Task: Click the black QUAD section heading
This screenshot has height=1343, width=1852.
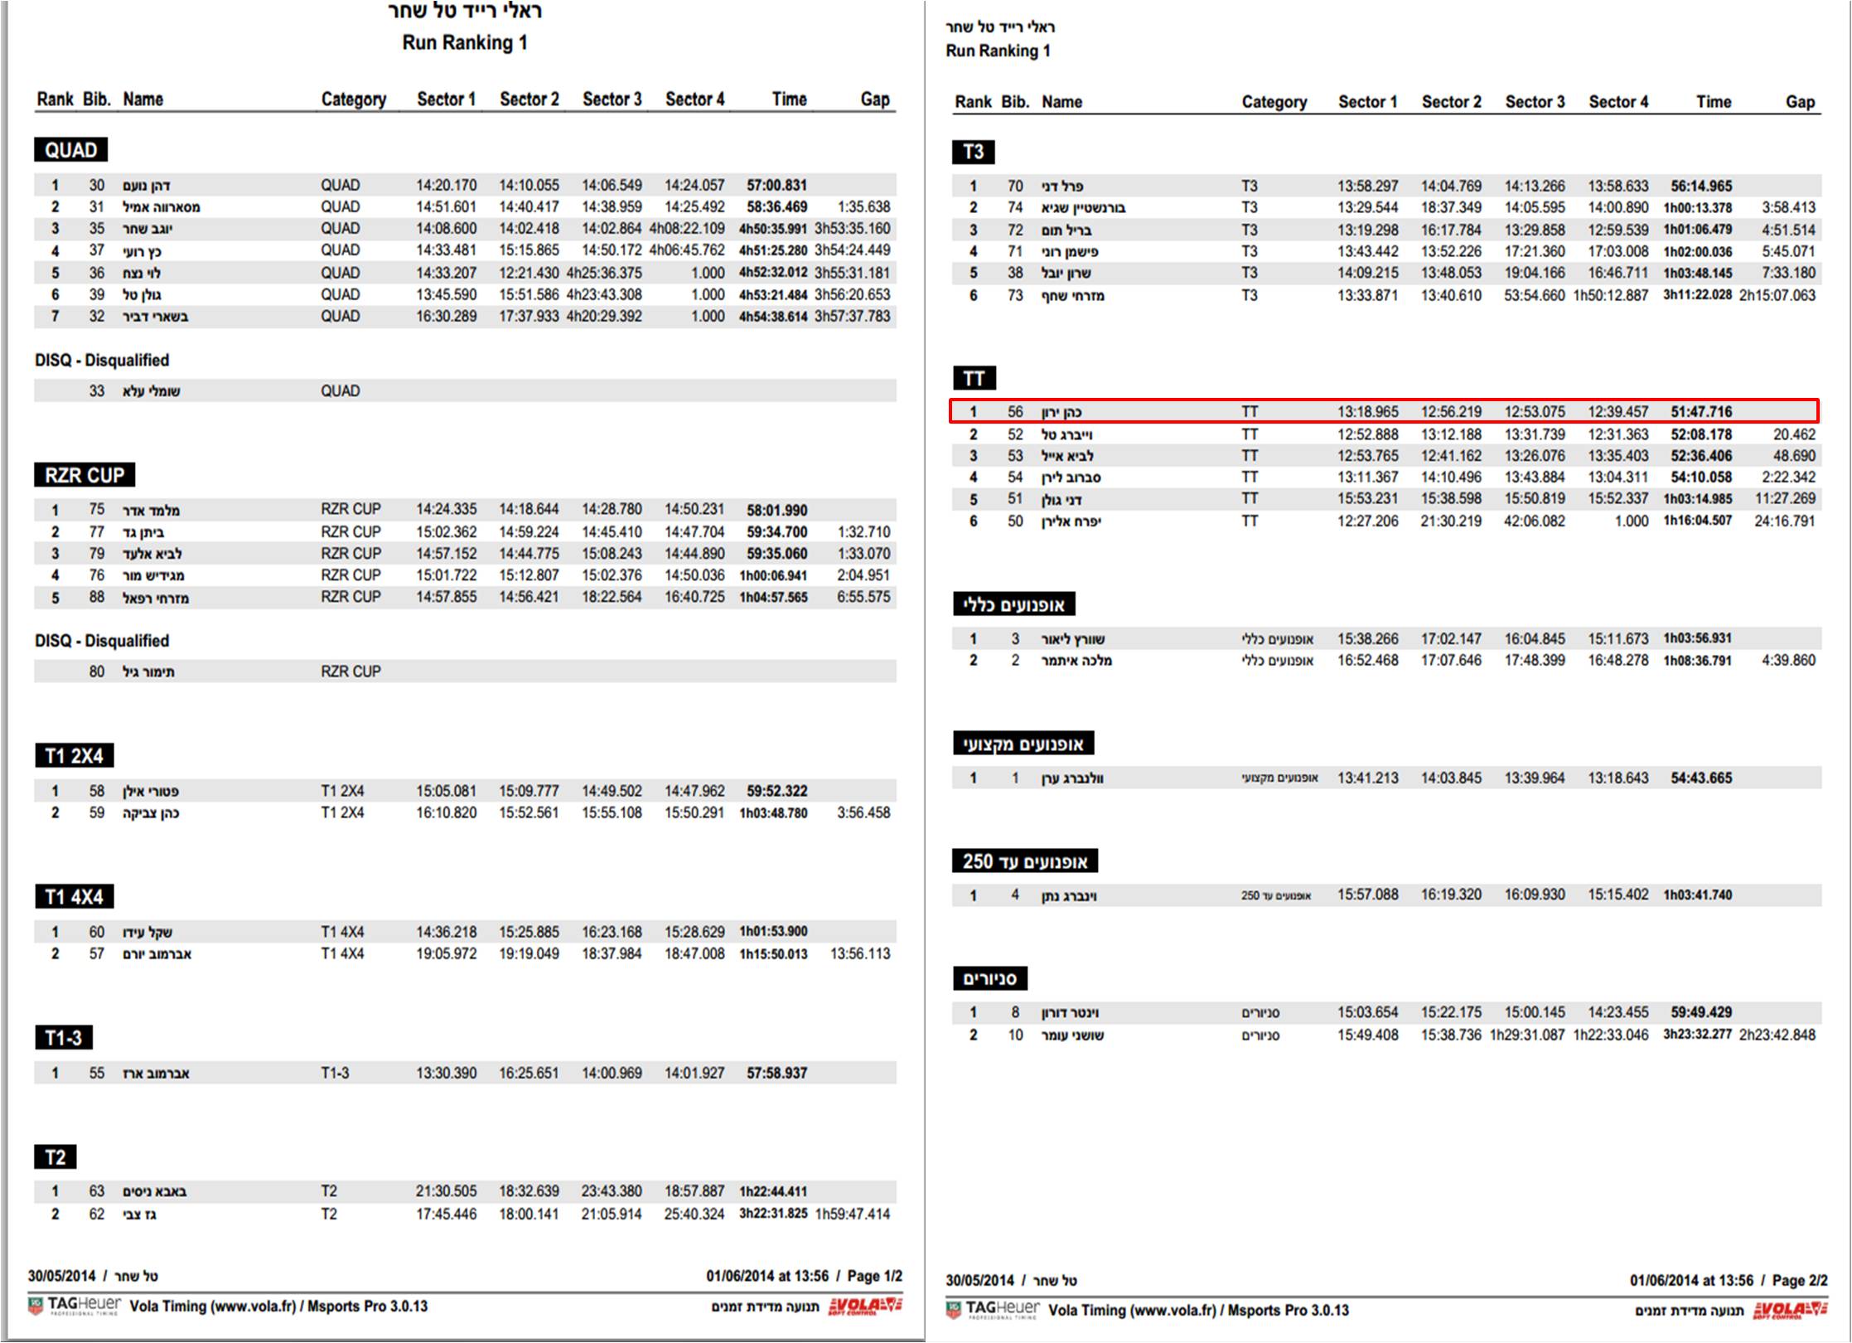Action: coord(70,150)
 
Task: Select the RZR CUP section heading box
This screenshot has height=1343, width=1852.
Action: coord(85,475)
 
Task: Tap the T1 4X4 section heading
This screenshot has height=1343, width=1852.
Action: coord(74,896)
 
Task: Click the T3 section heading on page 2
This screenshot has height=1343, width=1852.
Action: coord(973,152)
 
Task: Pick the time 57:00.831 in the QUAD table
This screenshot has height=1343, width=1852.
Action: coord(776,185)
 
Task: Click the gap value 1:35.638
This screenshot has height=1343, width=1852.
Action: coord(863,206)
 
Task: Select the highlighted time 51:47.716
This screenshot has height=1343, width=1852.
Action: coord(1700,412)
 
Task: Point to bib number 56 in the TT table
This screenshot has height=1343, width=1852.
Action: coord(1015,412)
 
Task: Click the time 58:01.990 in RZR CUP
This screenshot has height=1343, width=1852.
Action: coord(776,510)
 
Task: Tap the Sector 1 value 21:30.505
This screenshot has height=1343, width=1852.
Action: coord(446,1191)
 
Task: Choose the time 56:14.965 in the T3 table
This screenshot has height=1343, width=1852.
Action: coord(1700,186)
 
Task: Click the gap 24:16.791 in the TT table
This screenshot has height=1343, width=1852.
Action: coord(1784,521)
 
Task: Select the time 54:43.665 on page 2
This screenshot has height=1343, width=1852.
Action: coord(1700,778)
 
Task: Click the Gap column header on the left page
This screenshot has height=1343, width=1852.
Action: coord(874,99)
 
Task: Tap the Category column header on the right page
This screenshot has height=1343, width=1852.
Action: coord(1274,102)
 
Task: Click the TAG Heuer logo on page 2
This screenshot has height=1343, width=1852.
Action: coord(993,1309)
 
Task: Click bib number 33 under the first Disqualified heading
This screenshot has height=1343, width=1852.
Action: coord(97,390)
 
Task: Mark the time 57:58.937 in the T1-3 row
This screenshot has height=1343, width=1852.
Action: coord(776,1073)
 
